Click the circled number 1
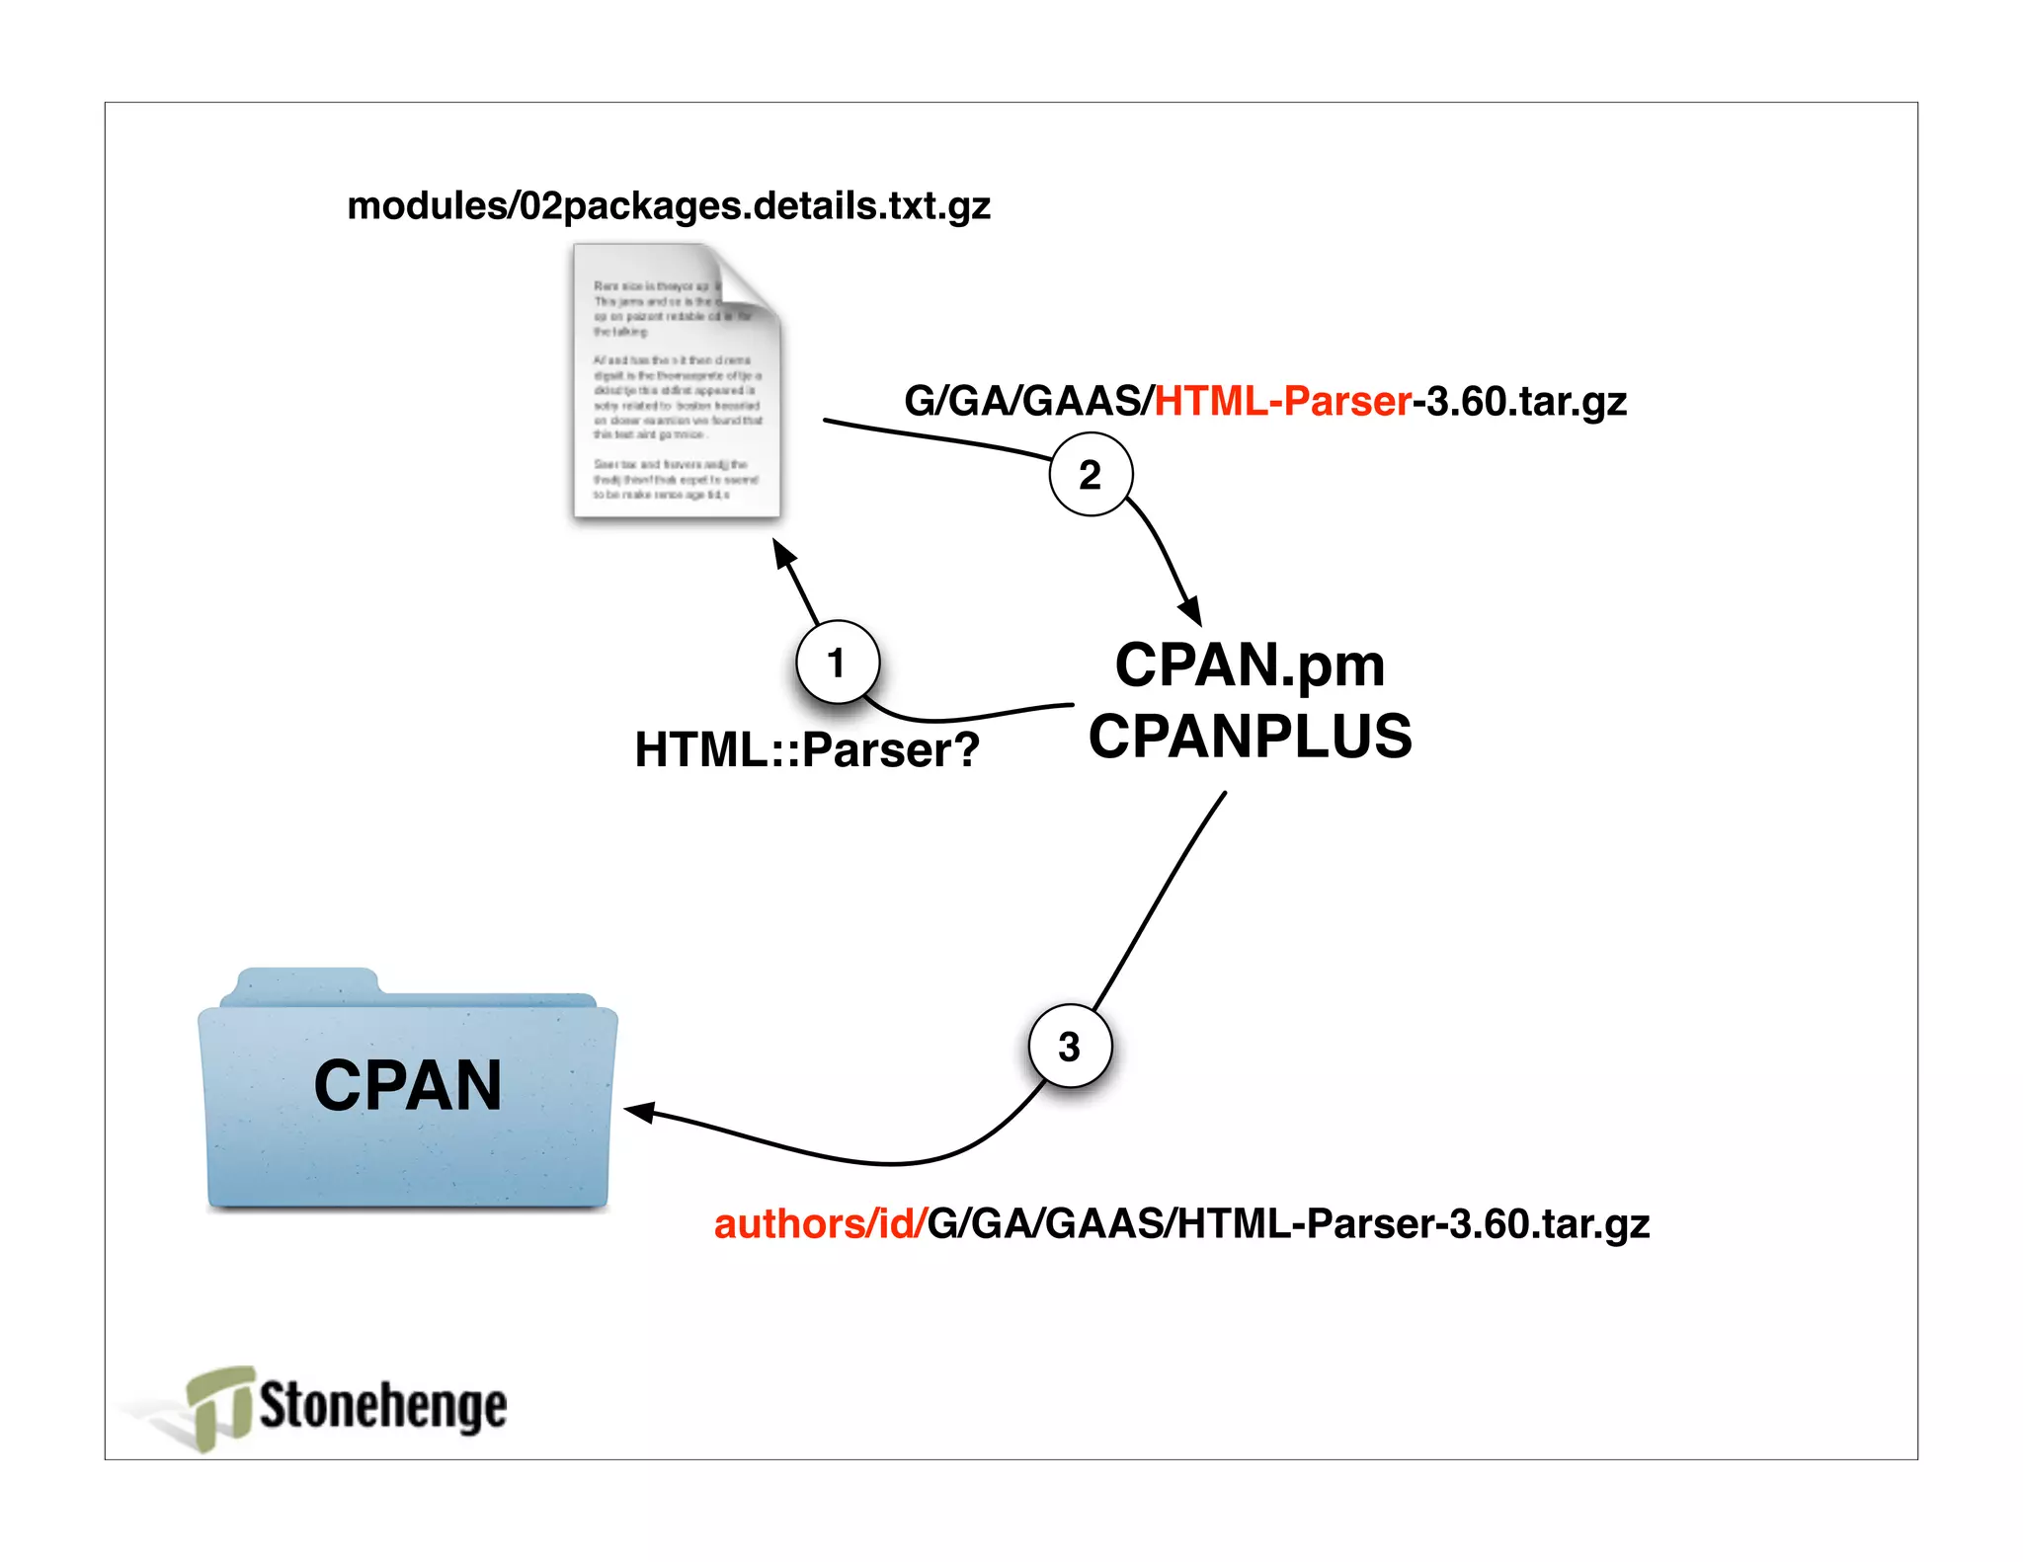tap(838, 663)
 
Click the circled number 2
tap(1090, 475)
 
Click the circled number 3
tap(1070, 1047)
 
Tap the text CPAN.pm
tap(1250, 665)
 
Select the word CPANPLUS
tap(1250, 737)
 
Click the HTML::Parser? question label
tap(806, 749)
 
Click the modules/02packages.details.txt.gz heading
tap(669, 206)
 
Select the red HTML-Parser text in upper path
tap(1282, 402)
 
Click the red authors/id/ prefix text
tap(819, 1224)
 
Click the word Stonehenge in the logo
tap(383, 1406)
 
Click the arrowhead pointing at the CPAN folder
tap(639, 1112)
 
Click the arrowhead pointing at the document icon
tap(783, 553)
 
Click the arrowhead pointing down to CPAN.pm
tap(1191, 610)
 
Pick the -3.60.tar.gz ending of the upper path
tap(1520, 402)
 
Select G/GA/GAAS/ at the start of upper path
tap(1028, 402)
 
